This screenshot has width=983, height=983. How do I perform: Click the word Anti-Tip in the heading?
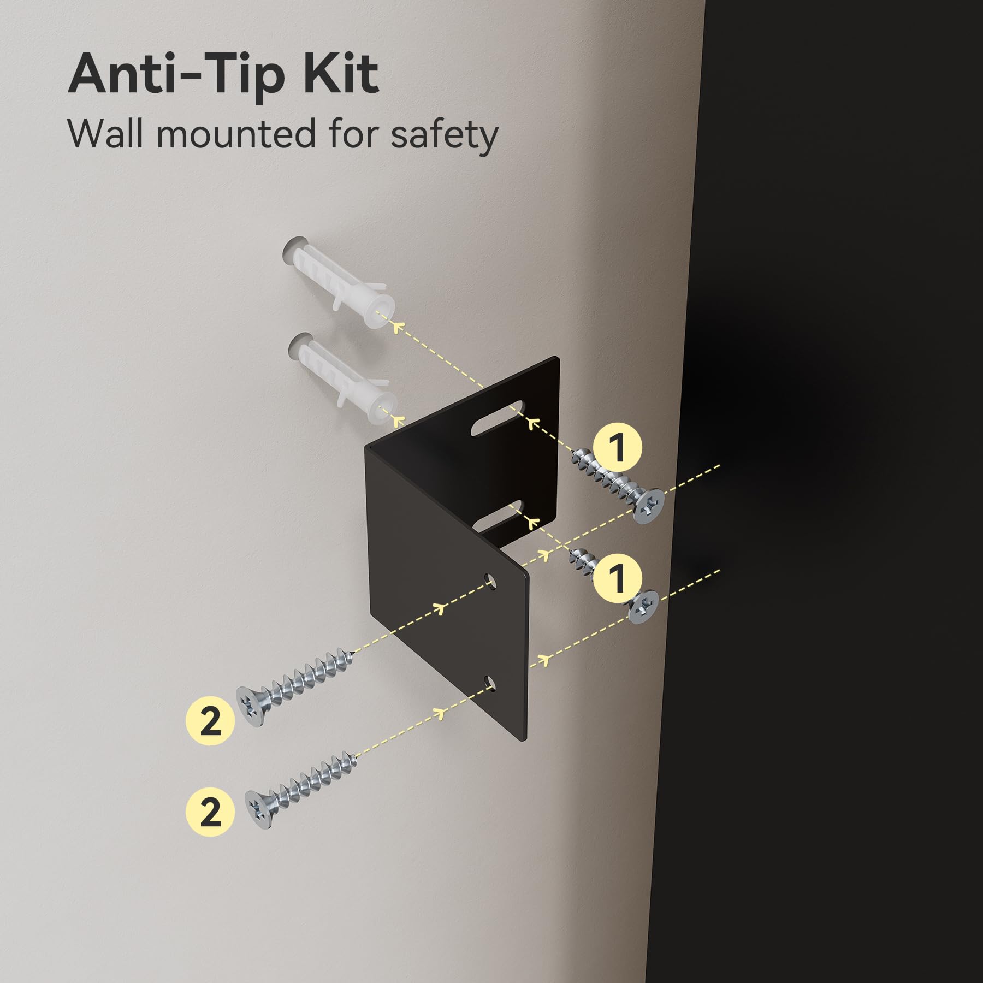pyautogui.click(x=176, y=75)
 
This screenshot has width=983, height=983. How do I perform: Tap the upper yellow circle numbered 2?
pyautogui.click(x=210, y=721)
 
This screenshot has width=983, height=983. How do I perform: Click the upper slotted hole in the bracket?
pyautogui.click(x=497, y=418)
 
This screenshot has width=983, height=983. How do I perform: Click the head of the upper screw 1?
pyautogui.click(x=649, y=506)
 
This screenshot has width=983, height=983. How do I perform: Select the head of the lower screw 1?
pyautogui.click(x=644, y=608)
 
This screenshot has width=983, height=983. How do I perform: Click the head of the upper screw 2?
pyautogui.click(x=250, y=706)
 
